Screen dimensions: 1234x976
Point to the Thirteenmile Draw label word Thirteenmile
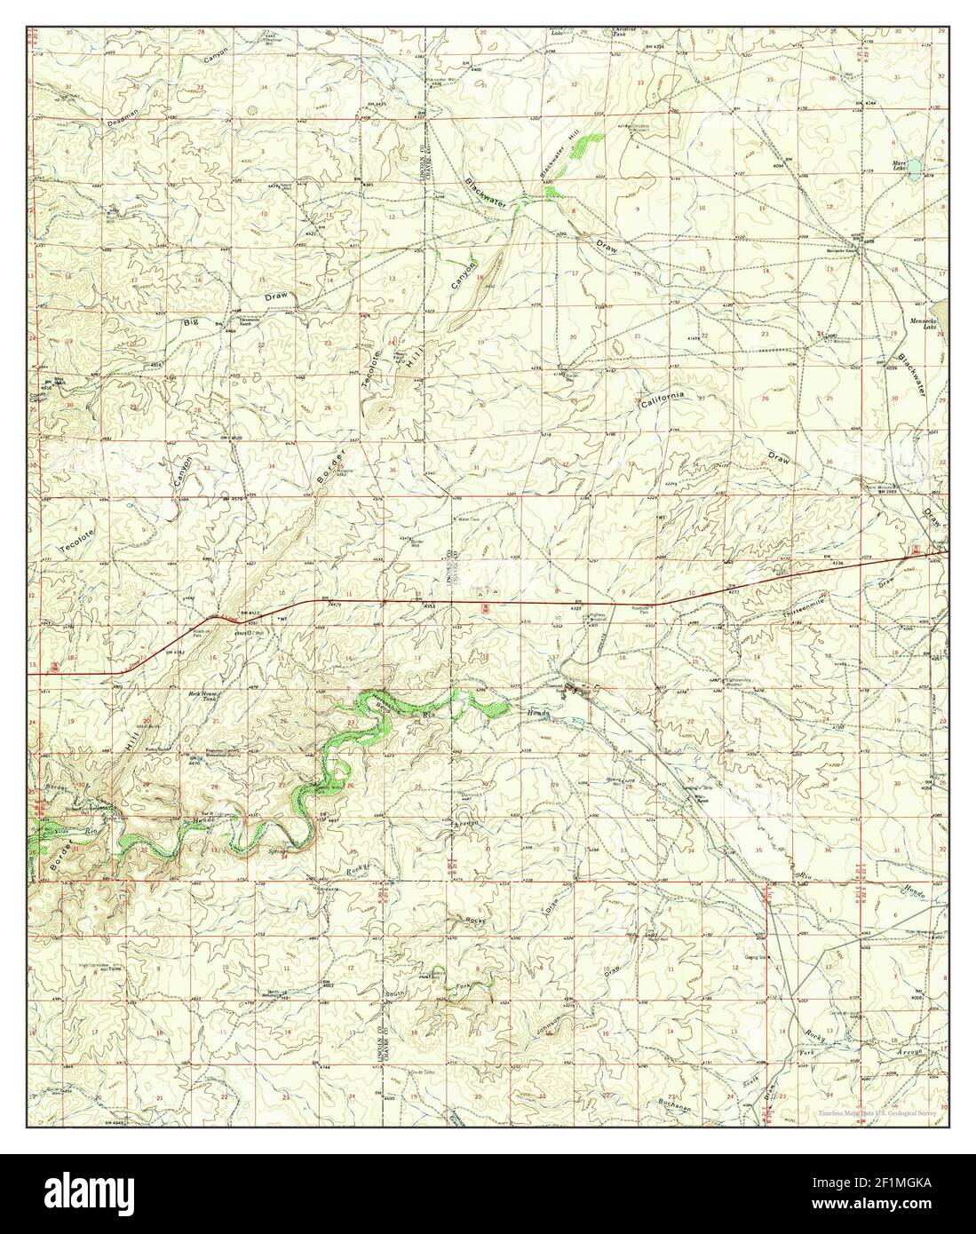coord(807,613)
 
